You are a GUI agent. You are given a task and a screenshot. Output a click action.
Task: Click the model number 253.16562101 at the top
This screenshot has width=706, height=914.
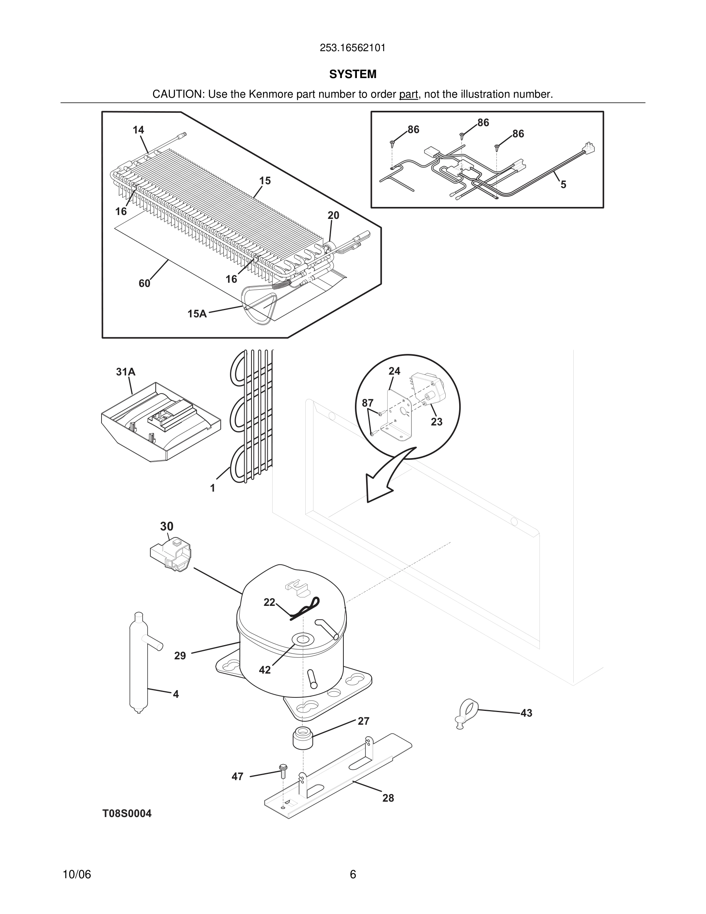click(352, 48)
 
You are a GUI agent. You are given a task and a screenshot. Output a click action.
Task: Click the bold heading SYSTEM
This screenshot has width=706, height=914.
click(353, 74)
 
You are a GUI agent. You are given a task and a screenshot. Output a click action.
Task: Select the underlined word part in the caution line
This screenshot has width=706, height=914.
click(408, 95)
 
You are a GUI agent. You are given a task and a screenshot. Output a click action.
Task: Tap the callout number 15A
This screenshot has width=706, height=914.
click(197, 314)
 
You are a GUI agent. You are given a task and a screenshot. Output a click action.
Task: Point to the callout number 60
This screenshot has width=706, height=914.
click(144, 284)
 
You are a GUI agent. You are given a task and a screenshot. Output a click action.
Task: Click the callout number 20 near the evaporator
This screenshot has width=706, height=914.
click(333, 215)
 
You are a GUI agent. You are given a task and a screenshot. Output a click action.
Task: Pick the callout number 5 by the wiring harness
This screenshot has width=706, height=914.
click(563, 185)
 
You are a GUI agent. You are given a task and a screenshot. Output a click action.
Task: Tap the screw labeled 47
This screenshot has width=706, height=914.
click(283, 771)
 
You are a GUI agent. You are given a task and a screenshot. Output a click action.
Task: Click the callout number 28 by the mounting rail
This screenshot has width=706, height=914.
click(388, 798)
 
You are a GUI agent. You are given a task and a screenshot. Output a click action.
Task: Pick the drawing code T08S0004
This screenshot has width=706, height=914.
click(127, 814)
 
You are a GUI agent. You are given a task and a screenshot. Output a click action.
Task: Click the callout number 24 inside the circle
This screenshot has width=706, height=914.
click(394, 371)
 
